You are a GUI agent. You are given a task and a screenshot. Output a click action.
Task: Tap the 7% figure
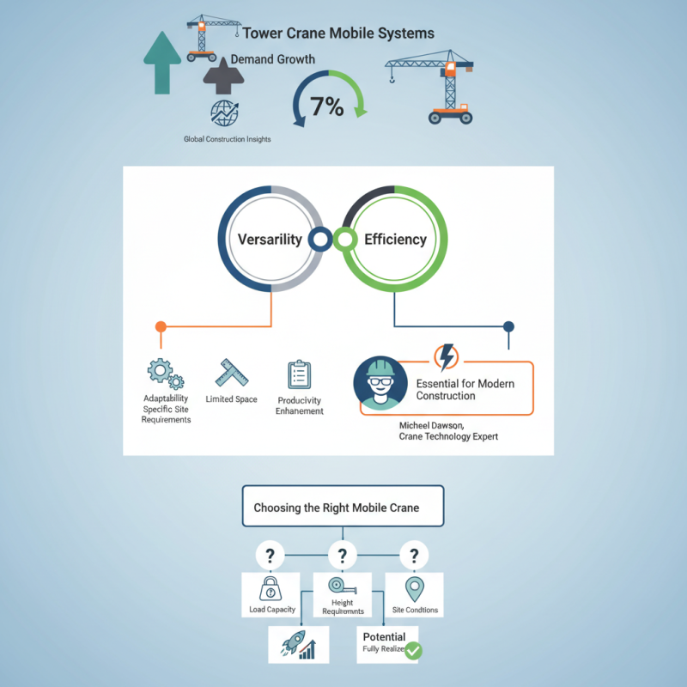coord(327,107)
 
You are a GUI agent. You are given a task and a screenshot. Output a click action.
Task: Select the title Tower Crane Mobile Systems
coord(338,34)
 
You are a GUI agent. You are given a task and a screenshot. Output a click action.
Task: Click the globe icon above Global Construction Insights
coord(225,113)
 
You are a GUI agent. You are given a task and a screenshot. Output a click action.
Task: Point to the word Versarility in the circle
coord(271,240)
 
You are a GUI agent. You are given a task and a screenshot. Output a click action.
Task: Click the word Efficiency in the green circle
coord(395,240)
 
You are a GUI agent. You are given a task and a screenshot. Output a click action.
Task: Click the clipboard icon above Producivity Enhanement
coord(299,375)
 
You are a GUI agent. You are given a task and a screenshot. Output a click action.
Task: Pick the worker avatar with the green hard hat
coord(379,384)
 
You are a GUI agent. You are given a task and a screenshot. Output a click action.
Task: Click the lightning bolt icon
coord(447,356)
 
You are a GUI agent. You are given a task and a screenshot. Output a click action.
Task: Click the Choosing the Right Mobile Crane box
coord(343,507)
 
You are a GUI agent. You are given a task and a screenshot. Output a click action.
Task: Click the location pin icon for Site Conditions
coord(415,590)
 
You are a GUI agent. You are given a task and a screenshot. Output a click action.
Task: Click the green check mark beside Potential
coord(413,651)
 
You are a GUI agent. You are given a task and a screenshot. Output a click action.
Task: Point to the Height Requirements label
coord(342,607)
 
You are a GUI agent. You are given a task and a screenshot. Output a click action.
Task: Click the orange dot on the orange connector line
coord(160,326)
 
